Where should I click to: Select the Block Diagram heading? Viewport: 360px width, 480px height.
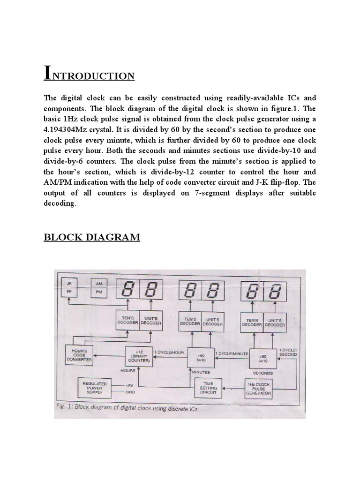pos(92,237)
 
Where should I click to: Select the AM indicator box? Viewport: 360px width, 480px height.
pos(98,284)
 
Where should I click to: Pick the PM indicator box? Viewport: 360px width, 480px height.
pos(98,292)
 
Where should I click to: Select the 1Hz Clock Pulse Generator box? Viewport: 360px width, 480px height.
pos(259,388)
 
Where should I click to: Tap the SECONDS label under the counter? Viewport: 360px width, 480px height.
pos(263,373)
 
